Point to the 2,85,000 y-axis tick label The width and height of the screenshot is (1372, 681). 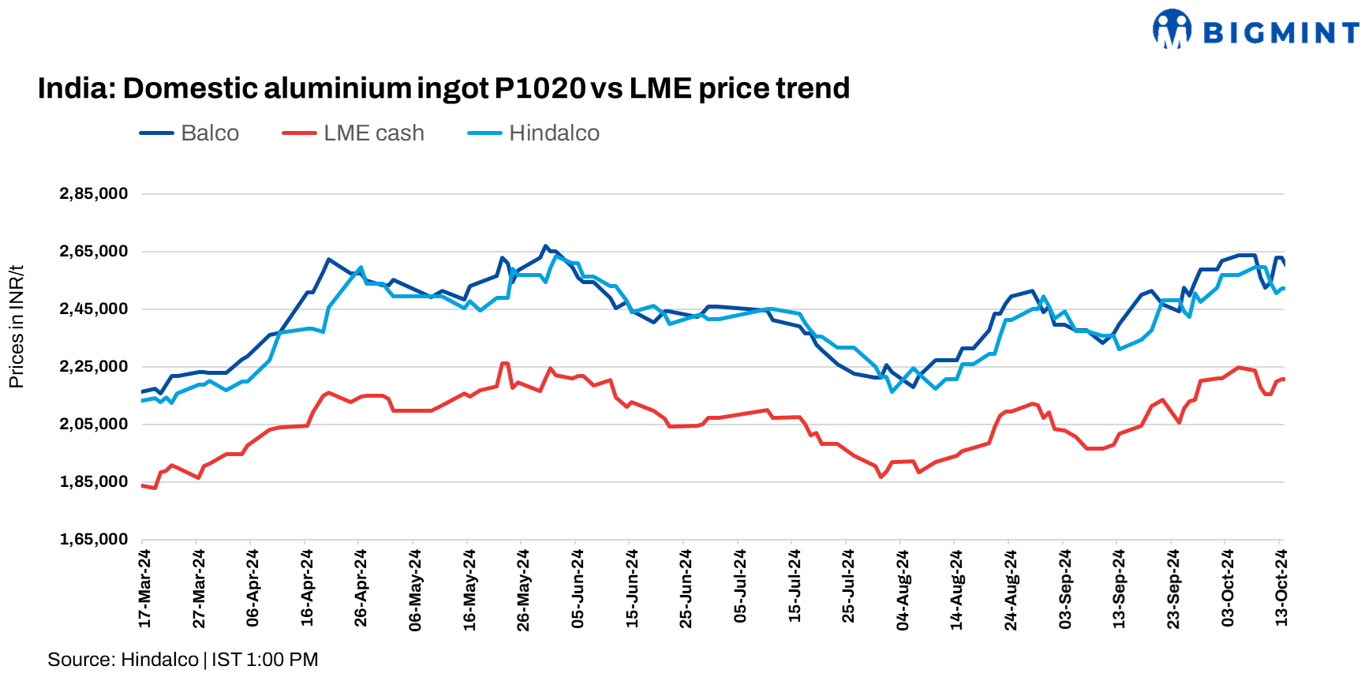(x=93, y=194)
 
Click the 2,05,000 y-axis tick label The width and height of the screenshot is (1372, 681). (x=93, y=425)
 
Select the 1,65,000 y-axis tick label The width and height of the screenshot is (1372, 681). (x=93, y=540)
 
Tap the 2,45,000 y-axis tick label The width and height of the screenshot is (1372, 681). (x=93, y=309)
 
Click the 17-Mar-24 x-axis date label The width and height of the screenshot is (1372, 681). (x=145, y=589)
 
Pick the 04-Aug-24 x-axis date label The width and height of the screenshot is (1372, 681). (x=903, y=589)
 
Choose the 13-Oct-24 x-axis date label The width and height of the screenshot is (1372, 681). (x=1281, y=589)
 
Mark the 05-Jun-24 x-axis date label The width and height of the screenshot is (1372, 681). (x=578, y=589)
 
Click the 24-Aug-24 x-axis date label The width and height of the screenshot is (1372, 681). (x=1011, y=589)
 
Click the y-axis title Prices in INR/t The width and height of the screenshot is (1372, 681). (x=17, y=327)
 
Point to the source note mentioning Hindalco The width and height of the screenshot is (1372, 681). (x=183, y=660)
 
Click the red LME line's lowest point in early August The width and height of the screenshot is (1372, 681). (x=881, y=477)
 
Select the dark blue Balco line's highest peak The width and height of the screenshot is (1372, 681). (x=545, y=246)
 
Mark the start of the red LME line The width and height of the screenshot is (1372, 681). (x=143, y=485)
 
